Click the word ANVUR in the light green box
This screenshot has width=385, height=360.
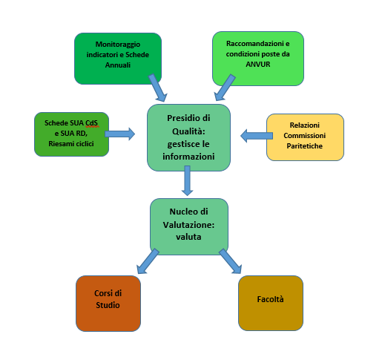pyautogui.click(x=257, y=65)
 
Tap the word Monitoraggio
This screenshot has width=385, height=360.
pyautogui.click(x=118, y=45)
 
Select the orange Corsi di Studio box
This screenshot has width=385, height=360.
pyautogui.click(x=108, y=304)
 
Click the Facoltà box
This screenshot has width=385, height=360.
pyautogui.click(x=271, y=303)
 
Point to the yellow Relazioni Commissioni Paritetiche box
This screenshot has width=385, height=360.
pyautogui.click(x=305, y=137)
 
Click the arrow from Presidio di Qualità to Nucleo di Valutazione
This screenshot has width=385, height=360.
pyautogui.click(x=187, y=180)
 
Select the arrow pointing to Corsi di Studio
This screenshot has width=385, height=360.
pyautogui.click(x=148, y=261)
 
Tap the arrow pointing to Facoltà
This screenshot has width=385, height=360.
pyautogui.click(x=230, y=261)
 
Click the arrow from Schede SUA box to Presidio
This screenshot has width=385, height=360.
pyautogui.click(x=119, y=134)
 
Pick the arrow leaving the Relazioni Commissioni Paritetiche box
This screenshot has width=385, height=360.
pyautogui.click(x=257, y=136)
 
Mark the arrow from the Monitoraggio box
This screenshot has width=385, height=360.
pyautogui.click(x=158, y=88)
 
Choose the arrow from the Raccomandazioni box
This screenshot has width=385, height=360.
pyautogui.click(x=225, y=88)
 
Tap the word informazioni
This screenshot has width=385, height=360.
pyautogui.click(x=188, y=157)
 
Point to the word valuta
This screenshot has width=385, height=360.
pyautogui.click(x=188, y=237)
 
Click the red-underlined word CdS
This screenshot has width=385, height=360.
pyautogui.click(x=91, y=123)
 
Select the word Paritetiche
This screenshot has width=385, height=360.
pyautogui.click(x=305, y=146)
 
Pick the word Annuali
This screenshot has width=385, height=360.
pyautogui.click(x=118, y=65)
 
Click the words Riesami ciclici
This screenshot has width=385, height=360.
pyautogui.click(x=71, y=144)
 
